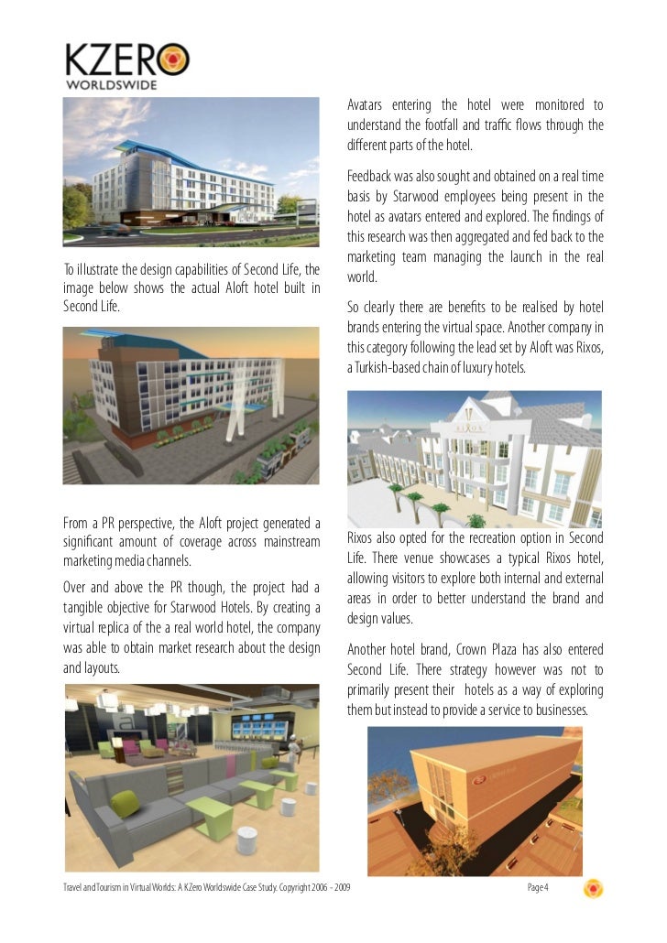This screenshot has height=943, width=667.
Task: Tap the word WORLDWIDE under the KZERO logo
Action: [111, 85]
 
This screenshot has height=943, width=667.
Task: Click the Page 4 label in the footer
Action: [538, 887]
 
